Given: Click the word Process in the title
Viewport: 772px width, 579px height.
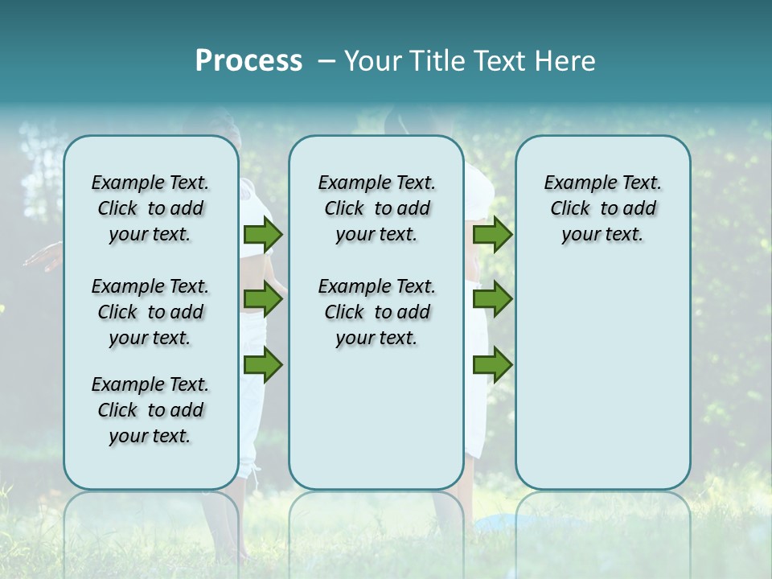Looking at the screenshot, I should click(248, 61).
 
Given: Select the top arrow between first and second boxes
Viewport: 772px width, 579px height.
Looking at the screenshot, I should click(263, 234).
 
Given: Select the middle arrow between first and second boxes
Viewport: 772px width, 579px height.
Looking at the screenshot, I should click(263, 300).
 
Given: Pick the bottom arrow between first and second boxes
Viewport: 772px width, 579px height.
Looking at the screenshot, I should click(263, 366).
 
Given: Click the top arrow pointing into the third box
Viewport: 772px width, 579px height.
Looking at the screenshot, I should click(492, 234).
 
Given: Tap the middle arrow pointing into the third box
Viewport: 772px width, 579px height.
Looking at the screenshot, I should click(492, 300).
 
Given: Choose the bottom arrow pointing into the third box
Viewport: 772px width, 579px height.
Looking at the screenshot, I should click(492, 366).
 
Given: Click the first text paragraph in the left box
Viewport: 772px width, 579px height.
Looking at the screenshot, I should click(150, 208).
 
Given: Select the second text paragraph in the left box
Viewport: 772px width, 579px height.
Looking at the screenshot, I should click(150, 312).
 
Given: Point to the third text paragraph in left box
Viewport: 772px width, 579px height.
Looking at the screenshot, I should click(150, 410).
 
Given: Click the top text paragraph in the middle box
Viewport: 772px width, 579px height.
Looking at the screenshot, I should click(376, 208).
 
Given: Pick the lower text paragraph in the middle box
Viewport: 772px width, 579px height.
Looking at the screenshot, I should click(376, 312).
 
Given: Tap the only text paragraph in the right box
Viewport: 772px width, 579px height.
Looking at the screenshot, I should click(602, 208).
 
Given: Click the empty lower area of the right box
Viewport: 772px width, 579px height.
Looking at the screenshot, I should click(602, 378).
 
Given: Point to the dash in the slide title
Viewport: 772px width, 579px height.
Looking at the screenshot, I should click(326, 61).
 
